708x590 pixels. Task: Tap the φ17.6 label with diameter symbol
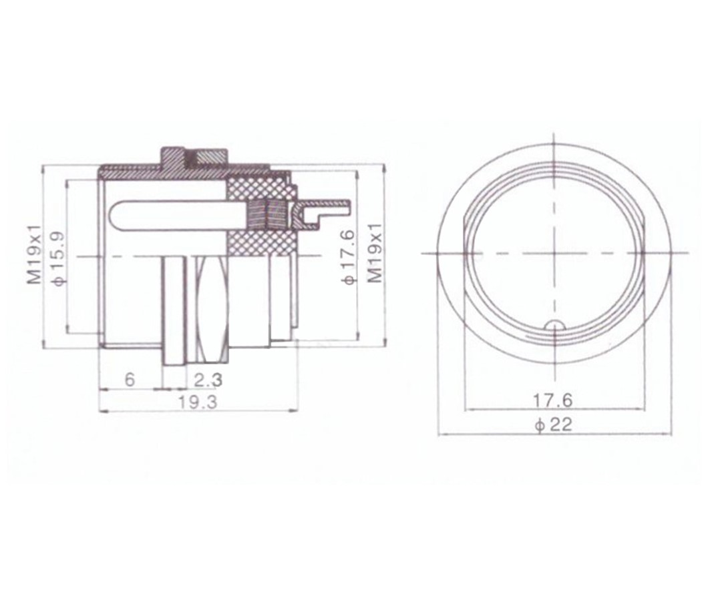point(349,257)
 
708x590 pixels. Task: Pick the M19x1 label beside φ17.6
point(375,253)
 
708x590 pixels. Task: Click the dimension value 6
point(130,380)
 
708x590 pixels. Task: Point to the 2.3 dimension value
point(208,380)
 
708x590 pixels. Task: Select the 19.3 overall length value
point(197,402)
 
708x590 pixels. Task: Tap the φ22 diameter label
point(553,424)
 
